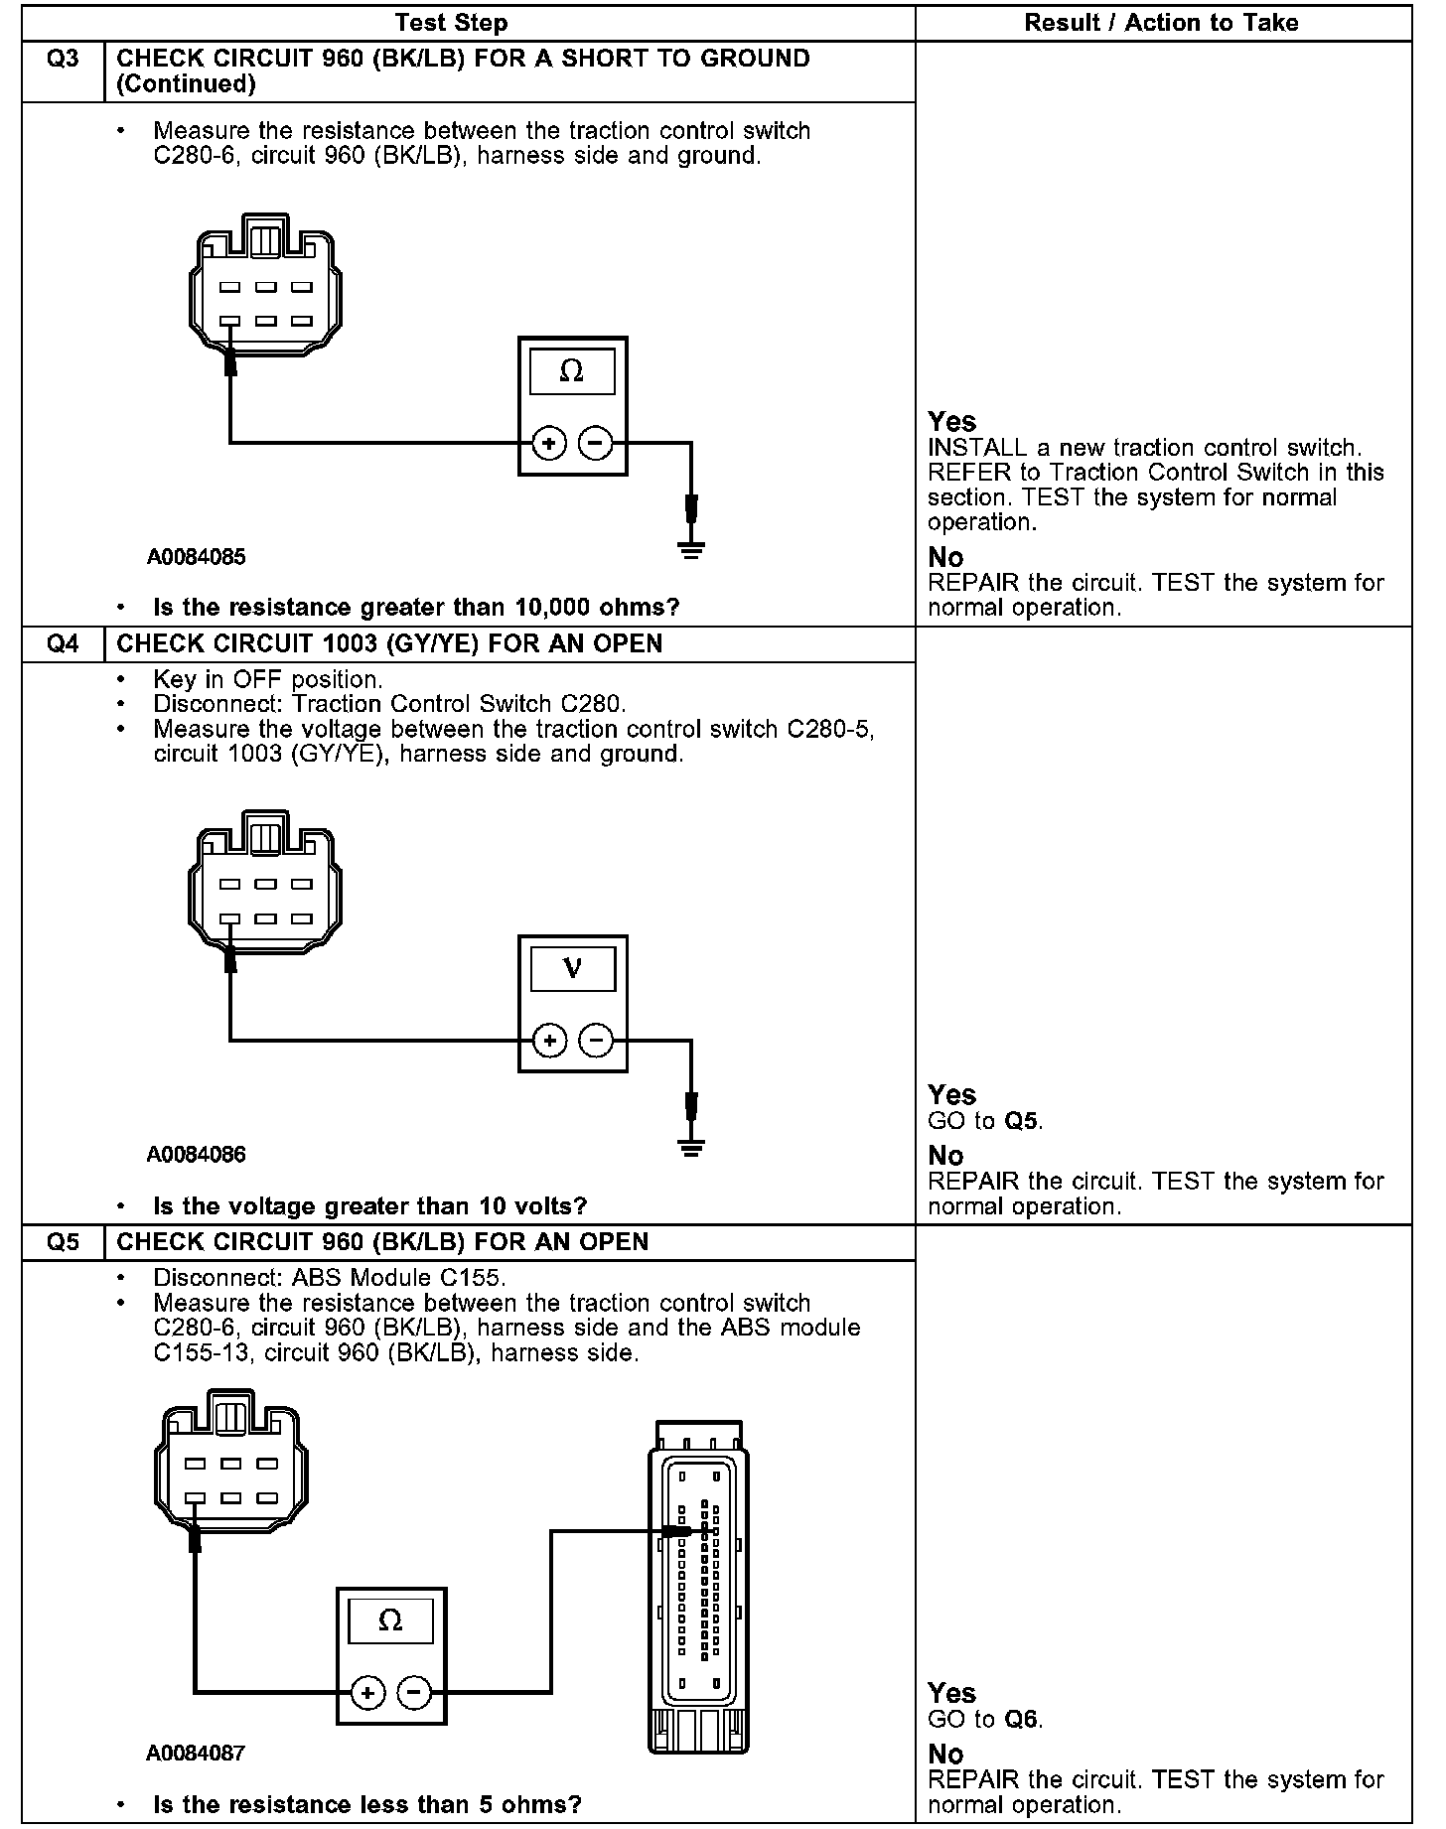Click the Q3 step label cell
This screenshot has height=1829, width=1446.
point(63,60)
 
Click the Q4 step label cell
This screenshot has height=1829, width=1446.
point(63,643)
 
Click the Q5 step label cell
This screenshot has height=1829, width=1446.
point(63,1242)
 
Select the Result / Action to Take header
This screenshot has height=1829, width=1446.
point(1161,23)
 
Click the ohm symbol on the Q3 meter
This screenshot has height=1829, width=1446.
point(572,371)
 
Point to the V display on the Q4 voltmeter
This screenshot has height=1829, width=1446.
point(572,968)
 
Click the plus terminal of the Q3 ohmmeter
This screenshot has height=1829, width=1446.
point(550,443)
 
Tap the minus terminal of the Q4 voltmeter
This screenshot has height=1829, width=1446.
point(596,1041)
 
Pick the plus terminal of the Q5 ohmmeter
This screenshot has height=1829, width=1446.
point(368,1692)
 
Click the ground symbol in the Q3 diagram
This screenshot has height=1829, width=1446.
point(691,549)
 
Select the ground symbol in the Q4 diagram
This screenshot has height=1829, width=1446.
point(691,1148)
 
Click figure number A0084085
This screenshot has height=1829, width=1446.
point(196,557)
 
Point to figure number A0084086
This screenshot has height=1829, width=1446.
point(196,1154)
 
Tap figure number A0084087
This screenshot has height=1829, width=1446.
point(196,1753)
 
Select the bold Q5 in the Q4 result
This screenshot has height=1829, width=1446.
point(1022,1121)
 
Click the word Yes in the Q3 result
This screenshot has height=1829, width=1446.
point(951,421)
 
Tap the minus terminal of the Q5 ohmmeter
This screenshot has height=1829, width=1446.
point(414,1692)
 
